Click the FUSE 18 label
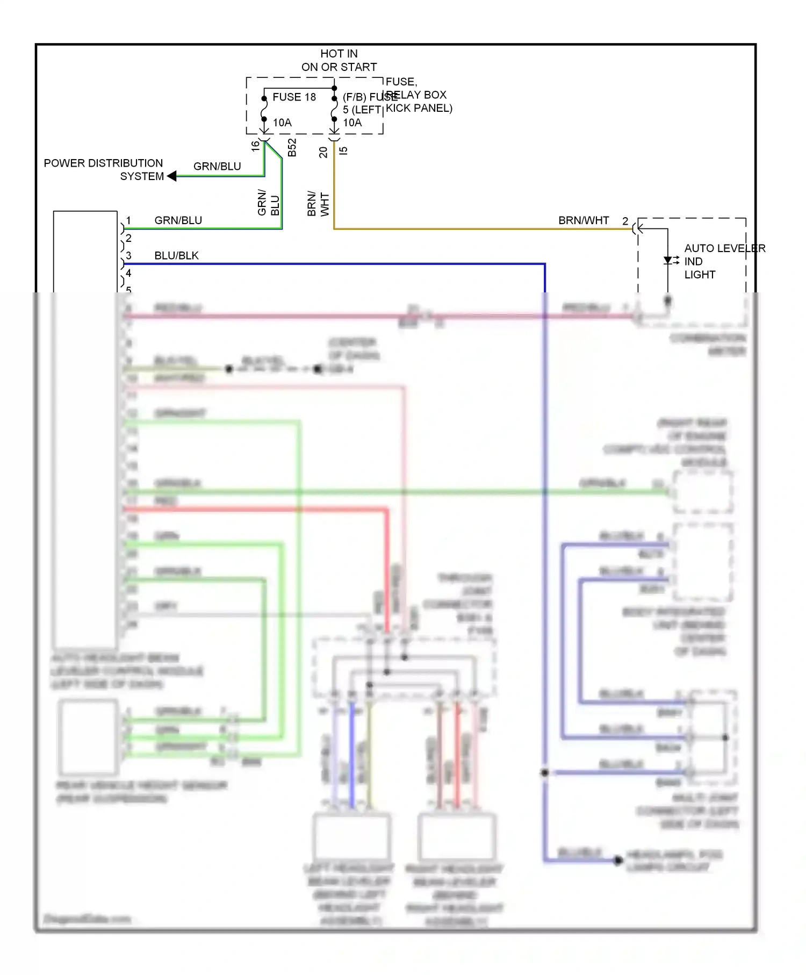coord(294,97)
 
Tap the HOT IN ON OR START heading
coord(339,60)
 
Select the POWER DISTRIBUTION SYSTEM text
coord(103,170)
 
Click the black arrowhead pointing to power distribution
coord(172,176)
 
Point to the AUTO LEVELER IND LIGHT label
coord(724,261)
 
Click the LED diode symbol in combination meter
coord(668,261)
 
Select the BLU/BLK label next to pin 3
coord(176,256)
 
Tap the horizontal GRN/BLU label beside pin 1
coord(178,220)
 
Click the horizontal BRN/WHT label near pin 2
coord(584,220)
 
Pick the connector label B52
coord(292,147)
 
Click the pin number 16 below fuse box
coord(256,146)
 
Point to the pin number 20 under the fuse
coord(323,152)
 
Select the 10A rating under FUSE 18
coord(282,123)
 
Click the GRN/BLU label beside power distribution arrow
coord(217,167)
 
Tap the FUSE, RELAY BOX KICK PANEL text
coord(418,95)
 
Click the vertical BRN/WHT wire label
coord(318,204)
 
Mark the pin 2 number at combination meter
coord(625,221)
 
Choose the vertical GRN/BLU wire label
coord(268,203)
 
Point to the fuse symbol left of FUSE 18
coord(264,110)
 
